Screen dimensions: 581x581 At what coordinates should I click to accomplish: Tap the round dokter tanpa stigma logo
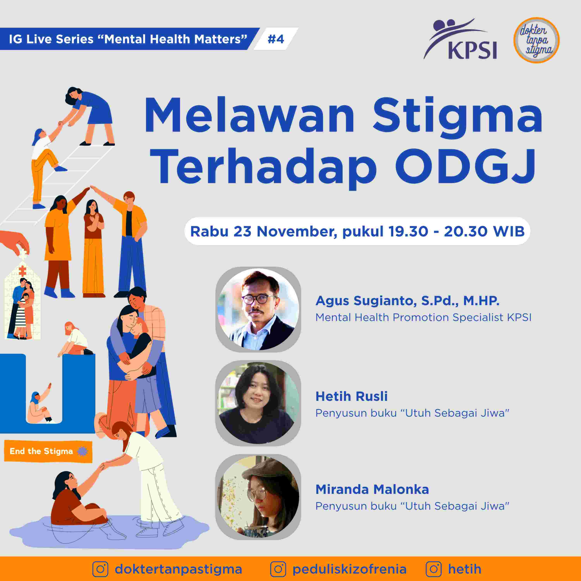[x=536, y=40]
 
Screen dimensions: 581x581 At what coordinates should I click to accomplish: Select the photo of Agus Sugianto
[x=258, y=309]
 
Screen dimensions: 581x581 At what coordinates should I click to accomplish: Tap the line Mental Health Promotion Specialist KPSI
[x=423, y=317]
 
